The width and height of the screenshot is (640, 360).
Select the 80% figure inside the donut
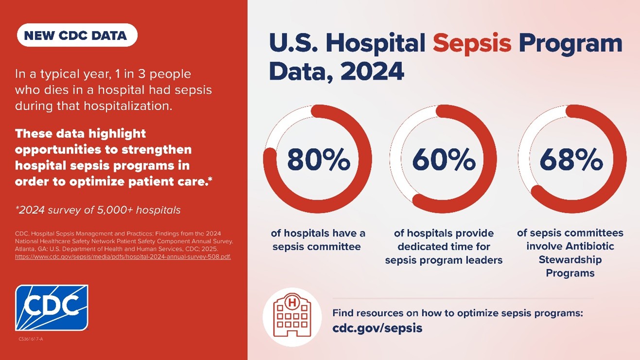click(318, 160)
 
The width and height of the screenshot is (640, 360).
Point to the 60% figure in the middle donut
click(444, 160)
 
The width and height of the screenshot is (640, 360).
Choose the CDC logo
click(52, 308)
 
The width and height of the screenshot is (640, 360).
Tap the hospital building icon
click(292, 317)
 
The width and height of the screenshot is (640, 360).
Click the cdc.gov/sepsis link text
click(377, 328)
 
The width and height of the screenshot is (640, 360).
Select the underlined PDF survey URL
click(123, 257)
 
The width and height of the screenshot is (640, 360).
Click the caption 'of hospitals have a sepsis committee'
click(318, 240)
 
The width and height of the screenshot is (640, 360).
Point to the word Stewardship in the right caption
click(570, 260)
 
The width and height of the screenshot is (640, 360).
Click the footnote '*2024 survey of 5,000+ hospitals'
click(98, 210)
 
